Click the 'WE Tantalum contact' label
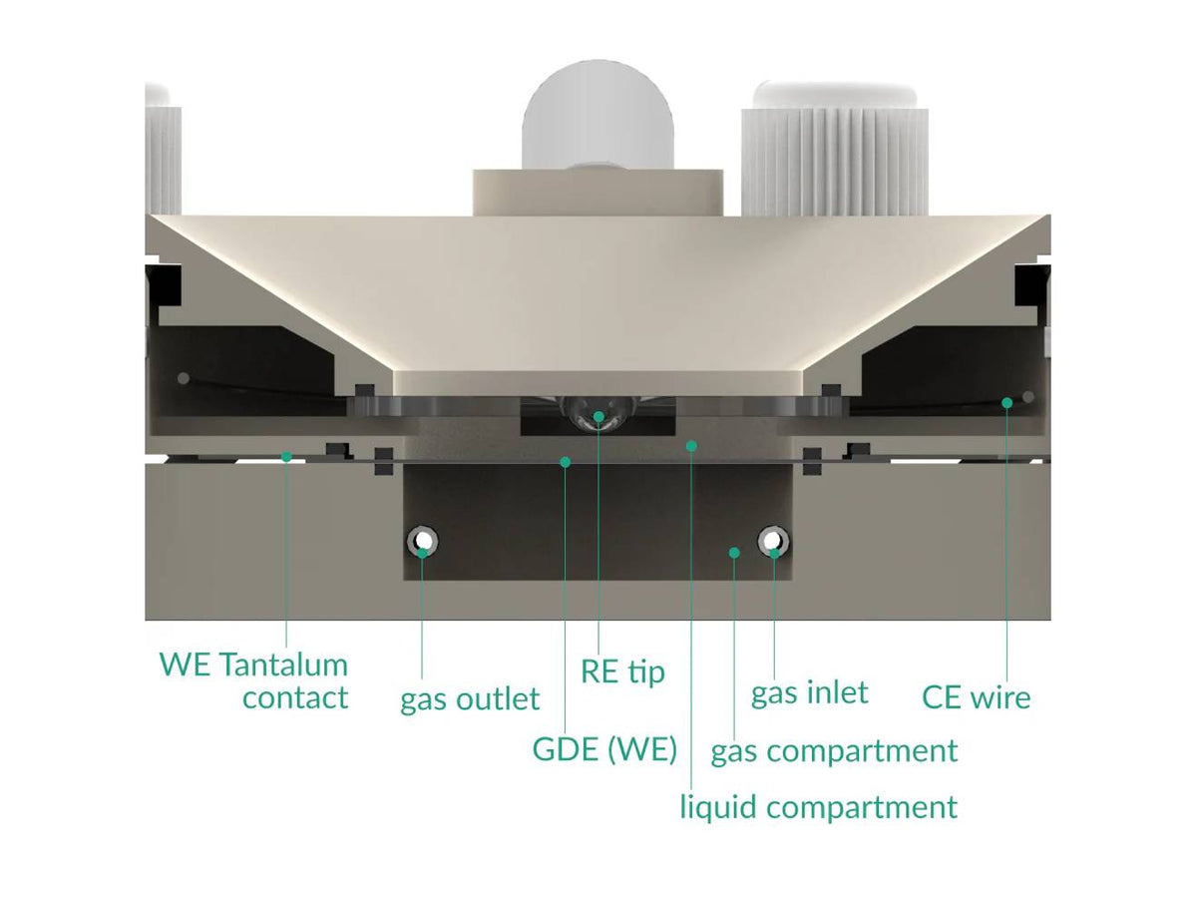coord(253,680)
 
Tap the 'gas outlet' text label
coord(470,699)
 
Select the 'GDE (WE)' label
coord(604,749)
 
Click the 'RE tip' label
coord(622,672)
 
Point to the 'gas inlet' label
coord(809,691)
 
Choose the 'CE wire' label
coord(976,696)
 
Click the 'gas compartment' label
coord(834,750)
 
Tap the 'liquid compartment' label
coord(818,806)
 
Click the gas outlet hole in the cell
coord(422,542)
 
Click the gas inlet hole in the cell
coord(773,542)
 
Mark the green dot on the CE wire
coord(1007,403)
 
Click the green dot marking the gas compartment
coord(734,552)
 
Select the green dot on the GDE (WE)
coord(566,461)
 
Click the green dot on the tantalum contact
coord(286,457)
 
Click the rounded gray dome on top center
coord(598,120)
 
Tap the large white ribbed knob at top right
coord(834,150)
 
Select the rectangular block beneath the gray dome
coord(598,192)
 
